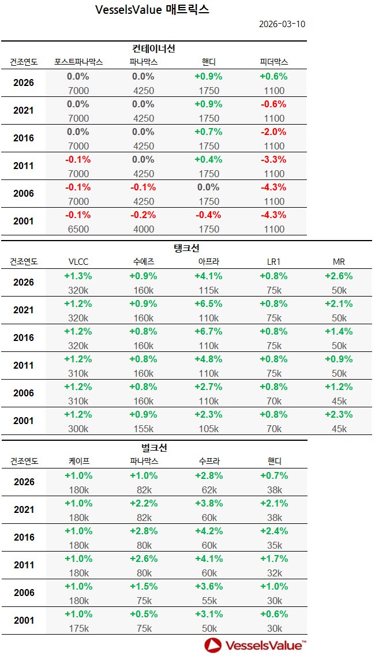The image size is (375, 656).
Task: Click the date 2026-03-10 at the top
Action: click(x=282, y=24)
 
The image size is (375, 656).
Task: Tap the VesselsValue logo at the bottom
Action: click(x=254, y=644)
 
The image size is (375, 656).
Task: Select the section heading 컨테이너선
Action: click(x=153, y=48)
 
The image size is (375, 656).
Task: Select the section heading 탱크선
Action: click(x=186, y=248)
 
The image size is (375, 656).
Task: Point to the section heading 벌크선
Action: click(x=153, y=448)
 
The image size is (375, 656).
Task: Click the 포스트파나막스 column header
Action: click(x=78, y=62)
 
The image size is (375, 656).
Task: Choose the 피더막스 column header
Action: click(x=273, y=62)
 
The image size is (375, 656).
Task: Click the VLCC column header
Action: click(x=78, y=261)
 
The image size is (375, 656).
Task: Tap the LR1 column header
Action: click(x=273, y=261)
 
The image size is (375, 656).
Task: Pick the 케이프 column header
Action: click(x=78, y=461)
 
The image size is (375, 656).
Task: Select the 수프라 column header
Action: click(x=208, y=461)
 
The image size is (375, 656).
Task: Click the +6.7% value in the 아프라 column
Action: click(x=208, y=331)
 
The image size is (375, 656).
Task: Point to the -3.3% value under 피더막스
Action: click(x=273, y=159)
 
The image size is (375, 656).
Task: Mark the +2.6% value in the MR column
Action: click(x=339, y=276)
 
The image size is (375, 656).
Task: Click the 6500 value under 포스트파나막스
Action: click(x=78, y=229)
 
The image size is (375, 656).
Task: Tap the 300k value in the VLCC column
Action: click(x=78, y=429)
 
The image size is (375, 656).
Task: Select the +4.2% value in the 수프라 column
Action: click(x=208, y=531)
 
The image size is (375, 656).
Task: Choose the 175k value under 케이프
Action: click(x=78, y=628)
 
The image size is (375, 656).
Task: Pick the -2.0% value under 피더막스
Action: click(x=273, y=132)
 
